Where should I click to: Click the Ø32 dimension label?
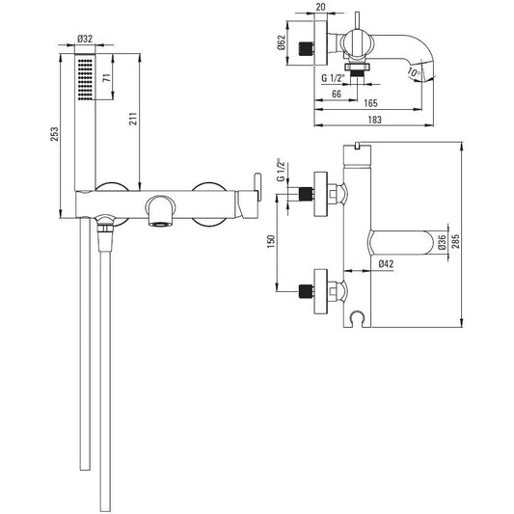[85, 39]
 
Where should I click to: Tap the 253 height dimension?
[54, 134]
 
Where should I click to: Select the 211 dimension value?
[133, 119]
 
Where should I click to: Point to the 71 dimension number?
[107, 78]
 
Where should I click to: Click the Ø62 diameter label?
[282, 42]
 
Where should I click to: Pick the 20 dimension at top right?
[321, 7]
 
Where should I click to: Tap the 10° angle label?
[415, 72]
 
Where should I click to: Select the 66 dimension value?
[337, 94]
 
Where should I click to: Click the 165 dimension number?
[370, 103]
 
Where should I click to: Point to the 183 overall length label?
[375, 120]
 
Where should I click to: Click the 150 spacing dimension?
[271, 241]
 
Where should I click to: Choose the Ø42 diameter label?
[386, 263]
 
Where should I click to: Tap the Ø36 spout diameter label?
[442, 242]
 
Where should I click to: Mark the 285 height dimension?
[455, 241]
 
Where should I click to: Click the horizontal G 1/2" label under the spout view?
[334, 78]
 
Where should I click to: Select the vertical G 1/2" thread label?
[281, 170]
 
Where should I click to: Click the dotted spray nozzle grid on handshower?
[85, 79]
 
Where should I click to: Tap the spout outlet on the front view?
[160, 225]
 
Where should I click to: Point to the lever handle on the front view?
[257, 186]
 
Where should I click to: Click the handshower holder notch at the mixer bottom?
[357, 318]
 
